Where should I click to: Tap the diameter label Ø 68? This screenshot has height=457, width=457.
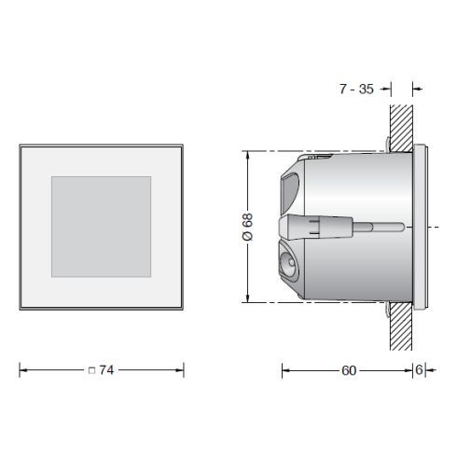(247, 226)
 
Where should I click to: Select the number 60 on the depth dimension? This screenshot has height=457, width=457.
(348, 370)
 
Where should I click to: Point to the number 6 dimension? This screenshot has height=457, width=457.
(420, 370)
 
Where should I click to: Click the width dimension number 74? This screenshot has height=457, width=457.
(105, 370)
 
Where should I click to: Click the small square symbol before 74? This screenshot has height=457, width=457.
(90, 371)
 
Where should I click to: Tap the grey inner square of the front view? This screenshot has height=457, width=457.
(101, 226)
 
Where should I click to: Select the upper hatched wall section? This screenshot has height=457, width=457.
(400, 121)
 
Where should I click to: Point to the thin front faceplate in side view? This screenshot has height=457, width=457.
(421, 226)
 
